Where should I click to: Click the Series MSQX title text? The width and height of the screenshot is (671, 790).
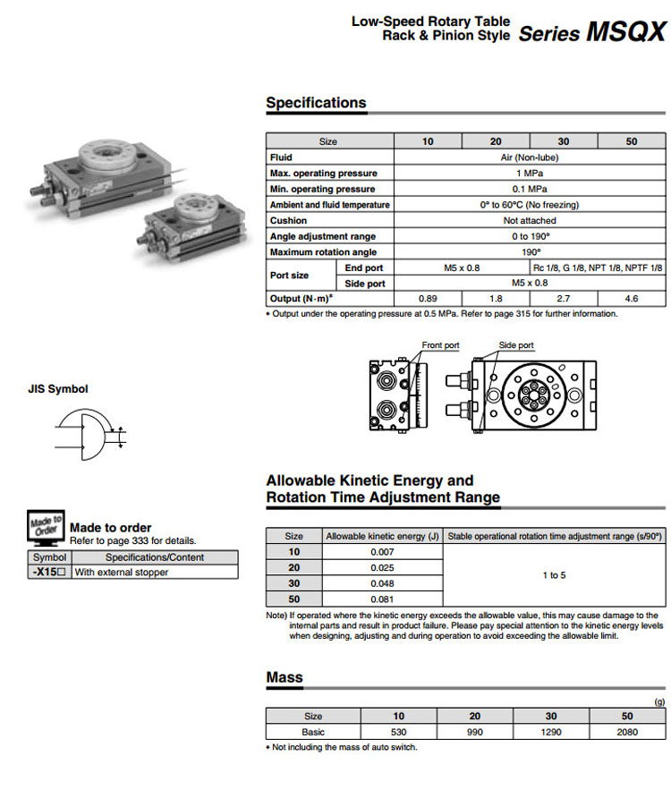[591, 33]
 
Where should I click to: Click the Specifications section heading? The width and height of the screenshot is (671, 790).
[316, 103]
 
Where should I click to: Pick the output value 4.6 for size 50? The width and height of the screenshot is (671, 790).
[632, 299]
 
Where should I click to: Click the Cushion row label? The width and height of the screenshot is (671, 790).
[288, 220]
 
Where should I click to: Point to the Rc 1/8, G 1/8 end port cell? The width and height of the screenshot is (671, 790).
[598, 268]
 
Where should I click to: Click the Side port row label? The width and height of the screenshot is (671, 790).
[365, 284]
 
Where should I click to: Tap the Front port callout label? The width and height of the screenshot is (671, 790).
[440, 345]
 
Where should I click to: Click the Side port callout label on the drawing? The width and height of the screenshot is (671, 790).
[516, 345]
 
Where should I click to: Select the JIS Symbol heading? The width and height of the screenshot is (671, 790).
[59, 389]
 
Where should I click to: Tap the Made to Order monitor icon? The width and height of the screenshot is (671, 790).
[46, 529]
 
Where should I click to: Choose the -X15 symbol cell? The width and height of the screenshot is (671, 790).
[49, 573]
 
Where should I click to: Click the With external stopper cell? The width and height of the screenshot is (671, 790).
[122, 573]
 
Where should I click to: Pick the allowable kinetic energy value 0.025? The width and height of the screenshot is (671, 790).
[382, 567]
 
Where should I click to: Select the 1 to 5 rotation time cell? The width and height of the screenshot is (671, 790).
[554, 575]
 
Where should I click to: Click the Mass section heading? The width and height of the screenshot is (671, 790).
[285, 678]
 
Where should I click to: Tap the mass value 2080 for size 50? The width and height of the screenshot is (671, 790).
[627, 732]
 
